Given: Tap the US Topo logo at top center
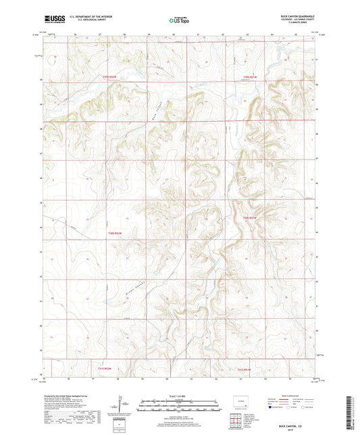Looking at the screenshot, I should [176, 20].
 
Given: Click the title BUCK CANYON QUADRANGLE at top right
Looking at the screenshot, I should [296, 15].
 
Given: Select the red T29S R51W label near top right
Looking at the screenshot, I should [251, 77].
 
